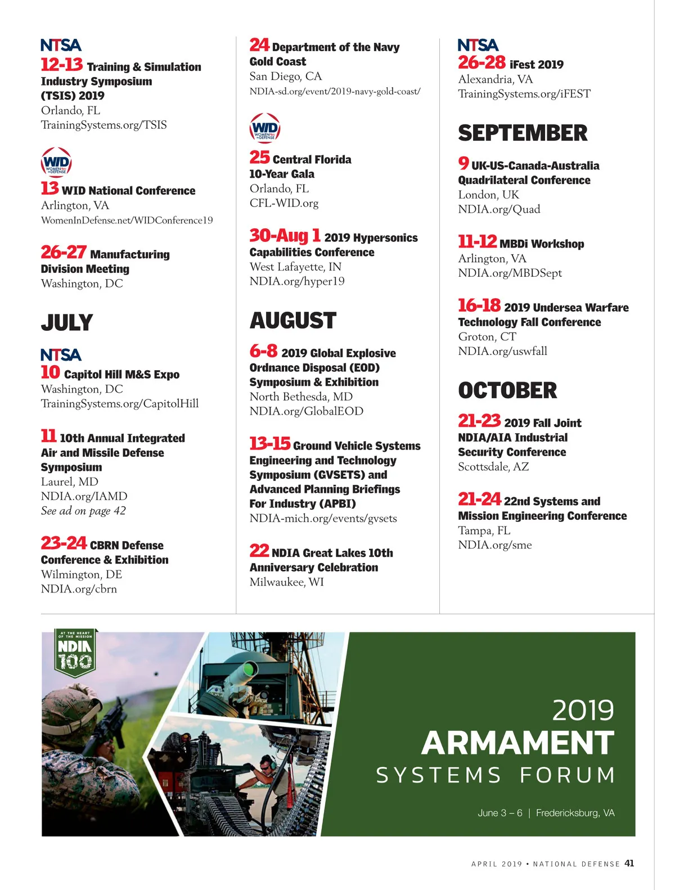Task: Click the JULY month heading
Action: coord(67,322)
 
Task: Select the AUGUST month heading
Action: coord(293,321)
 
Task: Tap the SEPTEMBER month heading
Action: coord(523,133)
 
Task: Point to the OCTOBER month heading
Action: coord(507,390)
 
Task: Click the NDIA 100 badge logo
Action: coord(75,652)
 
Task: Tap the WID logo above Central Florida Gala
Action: coord(265,129)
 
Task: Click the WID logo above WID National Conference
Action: coord(56,163)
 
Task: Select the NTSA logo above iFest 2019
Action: coord(478,45)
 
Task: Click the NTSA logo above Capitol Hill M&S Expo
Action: coord(61,355)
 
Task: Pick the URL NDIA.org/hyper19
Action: coord(297,281)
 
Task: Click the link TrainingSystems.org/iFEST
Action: coord(524,94)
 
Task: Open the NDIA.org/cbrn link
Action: coord(79,589)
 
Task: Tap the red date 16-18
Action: coord(479,305)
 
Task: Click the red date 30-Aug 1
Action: coord(285,236)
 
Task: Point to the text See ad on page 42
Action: coord(83,511)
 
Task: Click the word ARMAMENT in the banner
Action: coord(517,743)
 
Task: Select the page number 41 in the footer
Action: coord(629,864)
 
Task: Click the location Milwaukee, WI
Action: coord(287,582)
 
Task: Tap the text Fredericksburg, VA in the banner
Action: coord(575,813)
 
